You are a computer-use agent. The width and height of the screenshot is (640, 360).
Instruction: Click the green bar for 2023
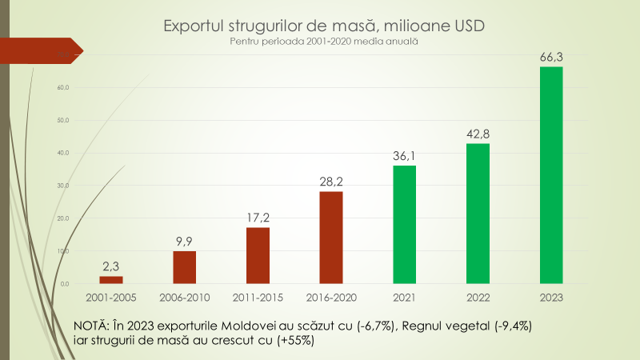pos(551,175)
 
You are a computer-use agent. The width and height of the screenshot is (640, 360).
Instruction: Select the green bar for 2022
pos(478,214)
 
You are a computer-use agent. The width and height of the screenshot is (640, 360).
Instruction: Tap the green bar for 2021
pos(404,225)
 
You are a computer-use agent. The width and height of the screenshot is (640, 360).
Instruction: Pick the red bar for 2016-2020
pos(330,238)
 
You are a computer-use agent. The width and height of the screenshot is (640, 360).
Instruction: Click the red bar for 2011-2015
pos(258,255)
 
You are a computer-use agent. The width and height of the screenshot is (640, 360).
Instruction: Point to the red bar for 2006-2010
pos(184,267)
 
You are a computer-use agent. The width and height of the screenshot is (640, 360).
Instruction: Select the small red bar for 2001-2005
pos(110,280)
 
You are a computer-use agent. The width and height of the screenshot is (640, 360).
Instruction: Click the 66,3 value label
pos(551,55)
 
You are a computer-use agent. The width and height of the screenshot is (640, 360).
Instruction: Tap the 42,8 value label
pos(478,133)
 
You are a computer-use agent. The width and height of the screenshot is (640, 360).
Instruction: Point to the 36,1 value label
pos(404,154)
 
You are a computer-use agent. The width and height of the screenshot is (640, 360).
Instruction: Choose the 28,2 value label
pos(330,181)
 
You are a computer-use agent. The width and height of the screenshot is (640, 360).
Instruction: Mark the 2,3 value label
pos(110,266)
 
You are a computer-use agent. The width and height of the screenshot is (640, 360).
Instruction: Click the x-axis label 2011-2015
pos(258,298)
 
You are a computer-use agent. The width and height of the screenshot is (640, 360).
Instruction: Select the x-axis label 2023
pos(551,298)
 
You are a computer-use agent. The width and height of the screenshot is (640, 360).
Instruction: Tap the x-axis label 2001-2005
pos(110,298)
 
